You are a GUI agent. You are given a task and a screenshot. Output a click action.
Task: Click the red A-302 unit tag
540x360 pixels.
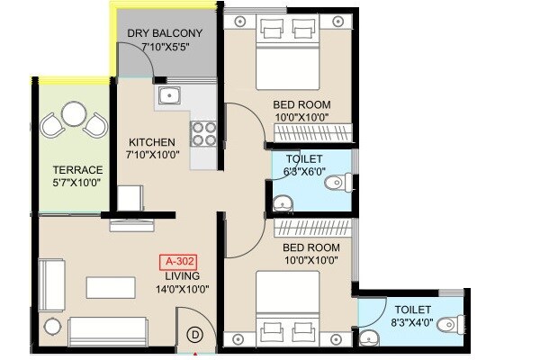coord(176,262)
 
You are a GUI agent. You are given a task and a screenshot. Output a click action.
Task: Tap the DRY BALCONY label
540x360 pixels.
coord(165,33)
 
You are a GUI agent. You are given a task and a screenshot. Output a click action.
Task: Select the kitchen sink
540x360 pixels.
coord(167,94)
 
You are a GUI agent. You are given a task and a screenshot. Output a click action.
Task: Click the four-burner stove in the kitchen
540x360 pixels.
coord(203,134)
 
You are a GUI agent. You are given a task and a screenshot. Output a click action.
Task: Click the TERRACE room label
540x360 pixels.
coord(76,169)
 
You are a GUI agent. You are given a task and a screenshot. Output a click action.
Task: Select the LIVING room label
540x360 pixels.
coord(183,275)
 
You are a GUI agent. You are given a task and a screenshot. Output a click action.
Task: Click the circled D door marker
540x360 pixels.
coord(193,334)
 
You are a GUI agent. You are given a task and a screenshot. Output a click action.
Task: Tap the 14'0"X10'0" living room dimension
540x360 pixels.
coord(183,289)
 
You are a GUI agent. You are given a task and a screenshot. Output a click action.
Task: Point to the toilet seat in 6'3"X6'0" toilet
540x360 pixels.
coord(337,182)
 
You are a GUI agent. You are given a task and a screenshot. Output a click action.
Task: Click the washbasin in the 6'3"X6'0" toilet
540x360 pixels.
coord(280,200)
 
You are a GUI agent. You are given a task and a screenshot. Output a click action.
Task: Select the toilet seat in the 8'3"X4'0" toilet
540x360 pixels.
coord(454,323)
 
